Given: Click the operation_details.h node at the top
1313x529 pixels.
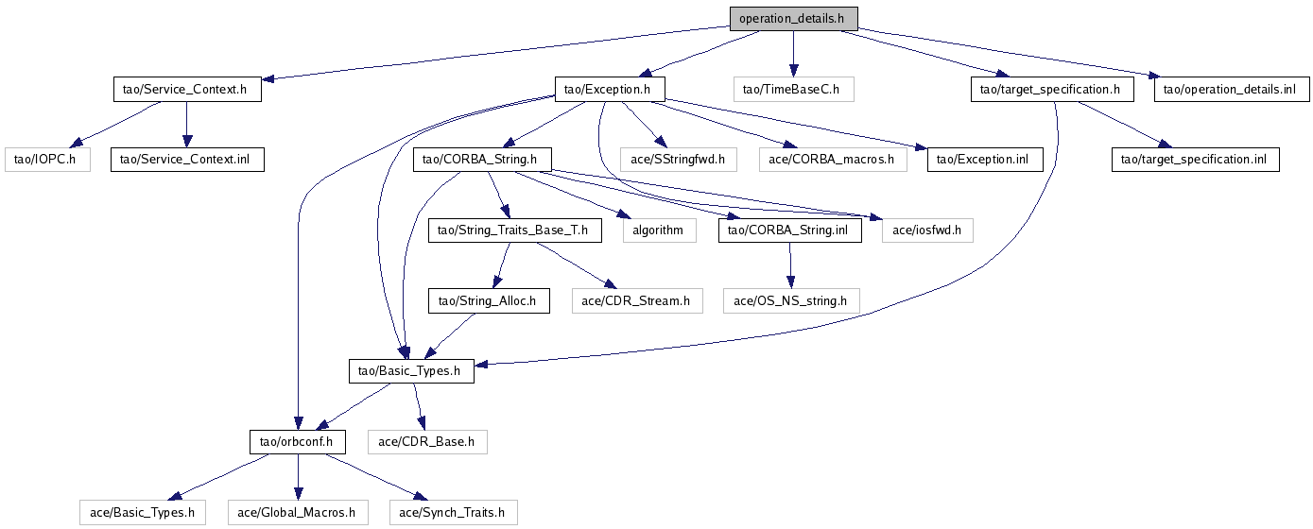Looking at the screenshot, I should click(793, 19).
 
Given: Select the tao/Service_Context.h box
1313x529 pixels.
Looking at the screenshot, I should click(185, 90).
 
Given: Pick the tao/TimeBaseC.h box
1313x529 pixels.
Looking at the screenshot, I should click(793, 90).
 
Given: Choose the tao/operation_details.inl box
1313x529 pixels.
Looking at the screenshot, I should click(1231, 90).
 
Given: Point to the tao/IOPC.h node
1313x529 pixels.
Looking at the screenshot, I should click(46, 160).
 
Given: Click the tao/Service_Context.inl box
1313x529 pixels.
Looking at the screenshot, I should click(187, 160).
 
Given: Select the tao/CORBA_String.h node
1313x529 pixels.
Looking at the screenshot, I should click(482, 160).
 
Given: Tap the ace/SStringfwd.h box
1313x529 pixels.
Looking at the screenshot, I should click(677, 160).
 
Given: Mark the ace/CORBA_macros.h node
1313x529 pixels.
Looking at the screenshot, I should click(832, 160).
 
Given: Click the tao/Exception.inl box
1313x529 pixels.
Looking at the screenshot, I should click(985, 160).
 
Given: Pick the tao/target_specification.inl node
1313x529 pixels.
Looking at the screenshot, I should click(1196, 160).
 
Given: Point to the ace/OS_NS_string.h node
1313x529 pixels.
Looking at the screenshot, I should click(791, 301).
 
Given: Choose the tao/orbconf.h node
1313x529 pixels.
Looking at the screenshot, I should click(297, 441).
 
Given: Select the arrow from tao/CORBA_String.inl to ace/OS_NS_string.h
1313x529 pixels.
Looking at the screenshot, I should click(790, 265).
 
